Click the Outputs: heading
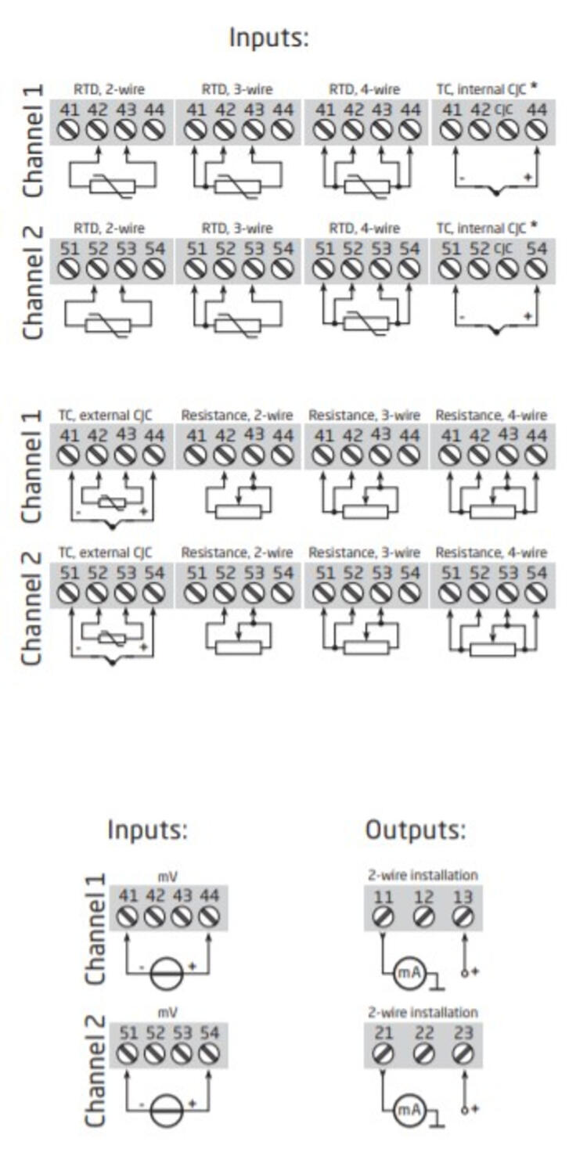coord(416,830)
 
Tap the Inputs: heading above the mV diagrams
coord(148,830)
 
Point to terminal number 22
coord(423,1034)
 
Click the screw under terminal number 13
coord(463,916)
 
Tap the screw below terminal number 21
coord(383,1053)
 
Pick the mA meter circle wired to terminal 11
coord(406,973)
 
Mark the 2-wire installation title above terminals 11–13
coord(423,875)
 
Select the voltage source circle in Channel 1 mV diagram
coord(167,974)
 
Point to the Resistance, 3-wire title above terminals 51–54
coord(364,553)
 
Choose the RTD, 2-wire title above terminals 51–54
coord(109,229)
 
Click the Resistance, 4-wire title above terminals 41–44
coord(492,415)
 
